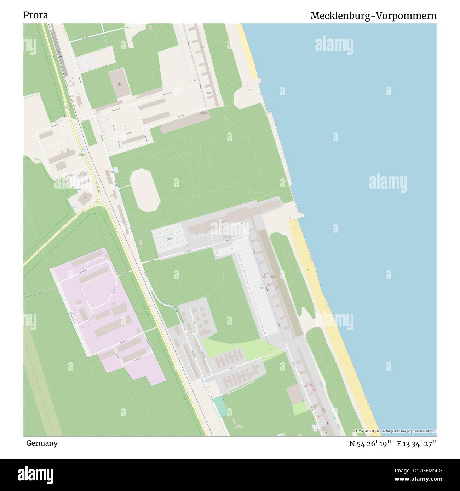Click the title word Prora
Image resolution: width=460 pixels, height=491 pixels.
(35, 15)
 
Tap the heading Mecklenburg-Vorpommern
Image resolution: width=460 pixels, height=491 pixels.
(373, 16)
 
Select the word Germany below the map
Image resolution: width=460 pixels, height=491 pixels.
(42, 443)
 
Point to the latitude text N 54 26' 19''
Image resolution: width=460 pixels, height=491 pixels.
(370, 444)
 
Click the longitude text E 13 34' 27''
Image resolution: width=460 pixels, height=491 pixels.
(417, 444)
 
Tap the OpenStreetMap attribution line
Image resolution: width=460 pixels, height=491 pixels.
(396, 431)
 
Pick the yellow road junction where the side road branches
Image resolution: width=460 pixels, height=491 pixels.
(100, 203)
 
